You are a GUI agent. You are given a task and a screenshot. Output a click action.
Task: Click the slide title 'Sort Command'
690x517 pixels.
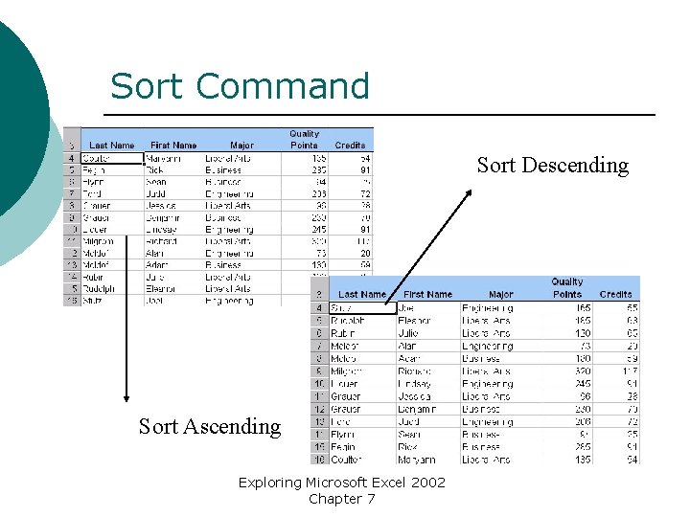240,86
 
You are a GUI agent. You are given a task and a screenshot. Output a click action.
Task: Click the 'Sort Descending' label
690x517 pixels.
552,166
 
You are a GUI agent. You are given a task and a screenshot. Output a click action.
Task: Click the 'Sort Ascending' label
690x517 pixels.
210,426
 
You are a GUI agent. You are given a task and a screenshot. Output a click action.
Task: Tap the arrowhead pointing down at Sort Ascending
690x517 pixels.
126,394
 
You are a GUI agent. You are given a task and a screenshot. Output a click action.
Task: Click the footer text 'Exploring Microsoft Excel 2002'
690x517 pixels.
342,482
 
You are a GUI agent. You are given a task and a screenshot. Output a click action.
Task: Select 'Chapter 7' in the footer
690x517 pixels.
342,499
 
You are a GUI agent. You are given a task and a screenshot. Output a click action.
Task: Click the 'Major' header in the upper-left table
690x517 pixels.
241,146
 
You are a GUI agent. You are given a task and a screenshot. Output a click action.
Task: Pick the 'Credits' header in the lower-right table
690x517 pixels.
614,294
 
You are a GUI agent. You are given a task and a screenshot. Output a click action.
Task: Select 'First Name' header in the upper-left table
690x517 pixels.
173,146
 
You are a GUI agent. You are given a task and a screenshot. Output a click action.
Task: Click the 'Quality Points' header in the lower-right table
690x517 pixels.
567,288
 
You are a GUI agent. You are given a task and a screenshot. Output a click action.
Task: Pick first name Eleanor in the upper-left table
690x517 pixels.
165,288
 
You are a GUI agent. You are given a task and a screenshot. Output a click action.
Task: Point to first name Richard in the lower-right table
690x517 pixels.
418,371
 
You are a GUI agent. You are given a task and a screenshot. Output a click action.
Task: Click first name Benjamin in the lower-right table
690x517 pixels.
421,408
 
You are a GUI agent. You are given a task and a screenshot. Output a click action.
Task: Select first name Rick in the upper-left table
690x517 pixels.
156,169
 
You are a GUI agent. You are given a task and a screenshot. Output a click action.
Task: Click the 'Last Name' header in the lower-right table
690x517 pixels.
362,294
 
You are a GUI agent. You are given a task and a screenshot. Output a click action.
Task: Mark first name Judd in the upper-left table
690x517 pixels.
157,193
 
